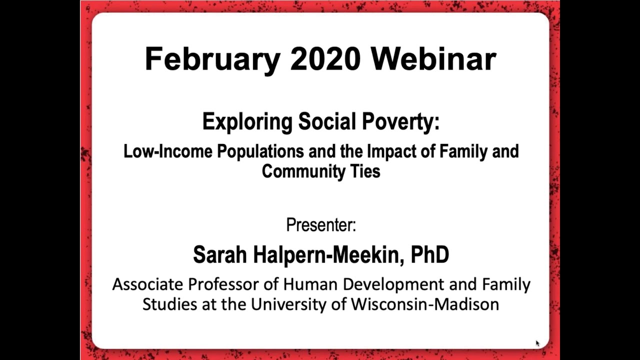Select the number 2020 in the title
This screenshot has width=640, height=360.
(x=325, y=59)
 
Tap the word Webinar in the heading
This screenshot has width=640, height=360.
(x=433, y=59)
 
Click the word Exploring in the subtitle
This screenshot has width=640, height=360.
(x=247, y=121)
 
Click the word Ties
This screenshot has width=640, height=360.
(x=365, y=171)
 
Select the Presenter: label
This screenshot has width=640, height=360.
(x=320, y=225)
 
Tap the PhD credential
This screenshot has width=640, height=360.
(x=429, y=254)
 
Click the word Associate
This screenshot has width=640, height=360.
(x=147, y=284)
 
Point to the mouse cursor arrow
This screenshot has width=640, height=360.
(x=537, y=343)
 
